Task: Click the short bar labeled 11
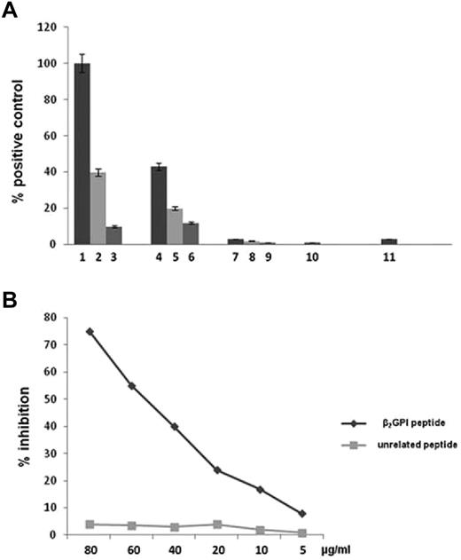coord(388,241)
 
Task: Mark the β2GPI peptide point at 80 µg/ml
coord(90,331)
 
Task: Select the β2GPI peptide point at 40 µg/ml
coord(175,426)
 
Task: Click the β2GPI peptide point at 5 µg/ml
coord(303,513)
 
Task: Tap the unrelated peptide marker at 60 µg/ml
coord(132,525)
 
